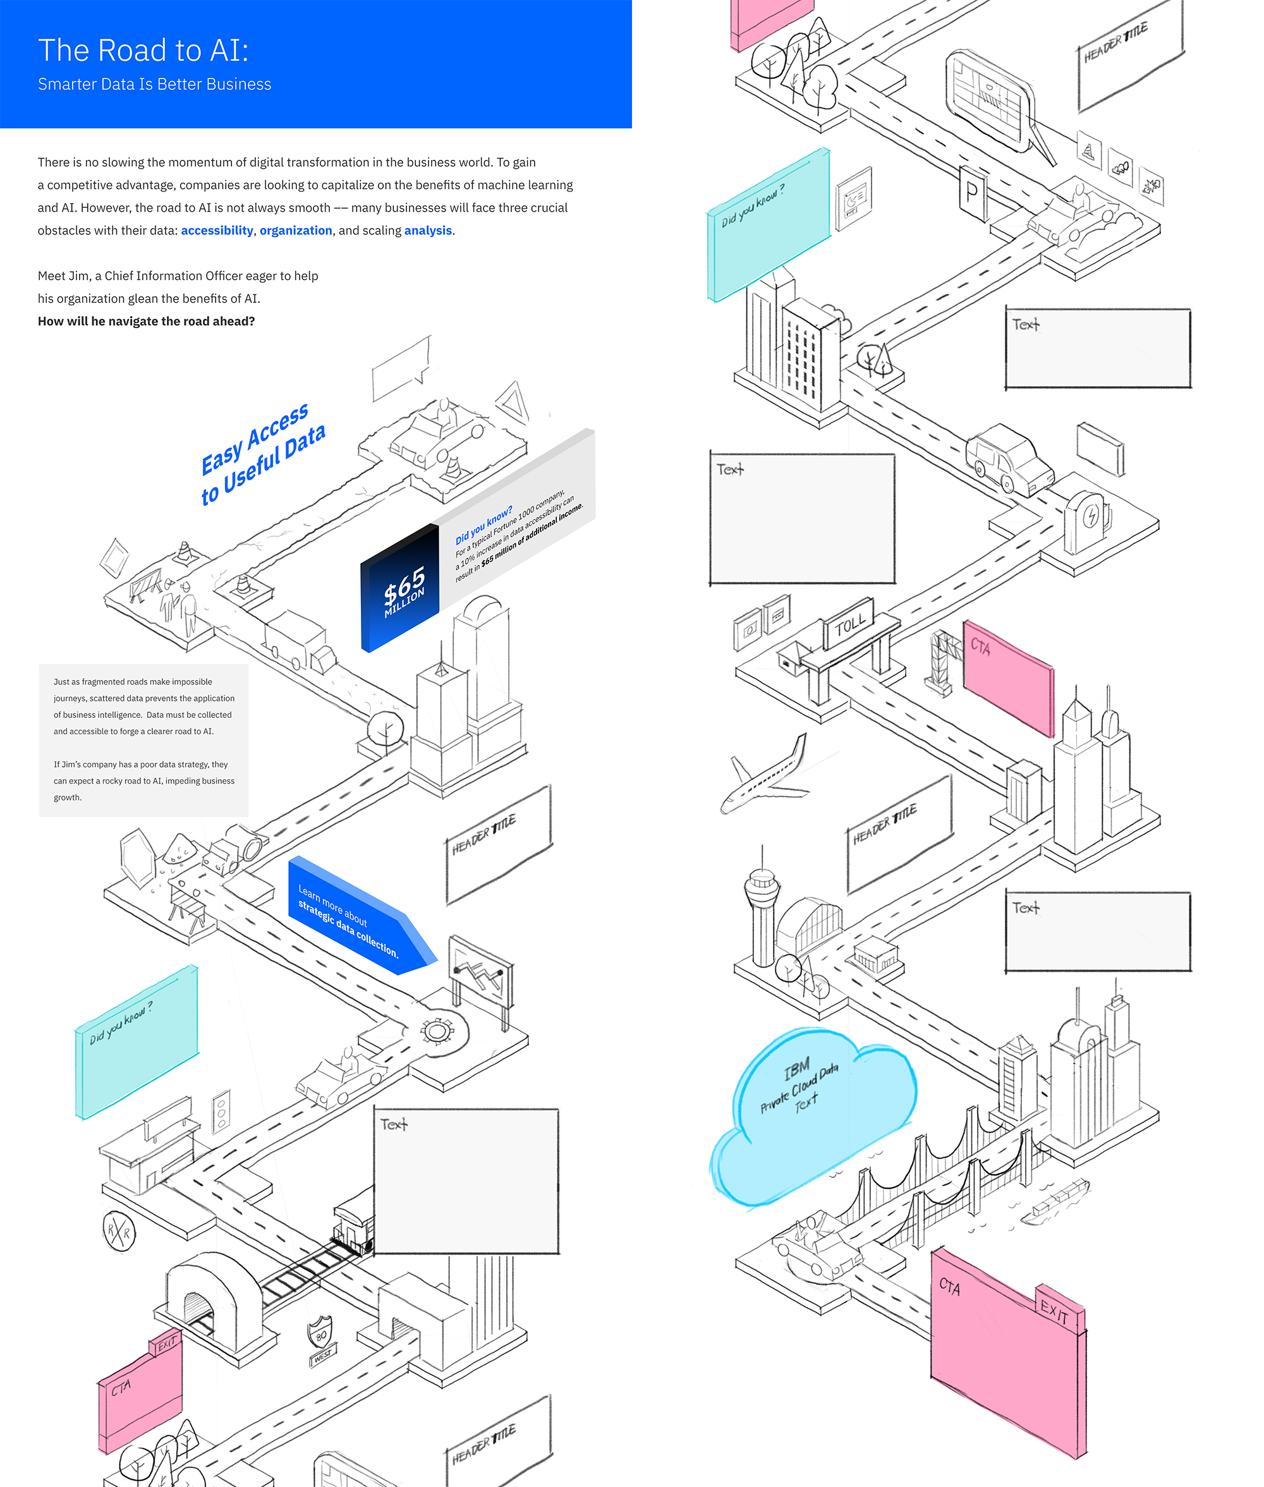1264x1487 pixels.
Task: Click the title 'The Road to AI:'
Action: (x=143, y=50)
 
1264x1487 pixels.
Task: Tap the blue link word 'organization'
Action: (x=295, y=230)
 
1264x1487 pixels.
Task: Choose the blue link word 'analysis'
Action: (x=428, y=230)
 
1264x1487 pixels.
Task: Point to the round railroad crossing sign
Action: (x=119, y=1231)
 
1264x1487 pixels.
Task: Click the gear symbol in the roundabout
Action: (x=435, y=1031)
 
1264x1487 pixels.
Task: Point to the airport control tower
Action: (x=762, y=906)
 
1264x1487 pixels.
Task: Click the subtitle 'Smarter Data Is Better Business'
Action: (x=155, y=85)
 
